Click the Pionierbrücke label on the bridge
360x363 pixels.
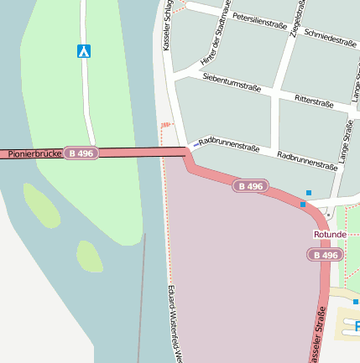pos(34,154)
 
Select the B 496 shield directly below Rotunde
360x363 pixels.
pos(326,255)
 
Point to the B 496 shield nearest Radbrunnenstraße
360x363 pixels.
pos(250,186)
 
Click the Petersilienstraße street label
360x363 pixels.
pos(260,17)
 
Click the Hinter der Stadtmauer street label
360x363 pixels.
pos(217,35)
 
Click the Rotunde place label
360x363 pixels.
pos(330,234)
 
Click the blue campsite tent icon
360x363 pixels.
pos(84,51)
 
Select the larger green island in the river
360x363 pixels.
pos(41,206)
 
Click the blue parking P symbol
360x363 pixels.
pos(357,325)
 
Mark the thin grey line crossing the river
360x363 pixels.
pos(141,293)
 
